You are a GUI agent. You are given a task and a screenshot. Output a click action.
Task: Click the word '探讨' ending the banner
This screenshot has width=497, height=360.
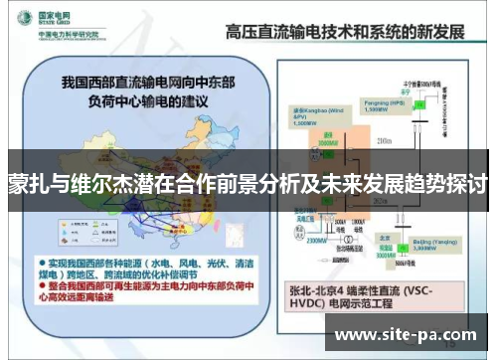click(466, 185)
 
